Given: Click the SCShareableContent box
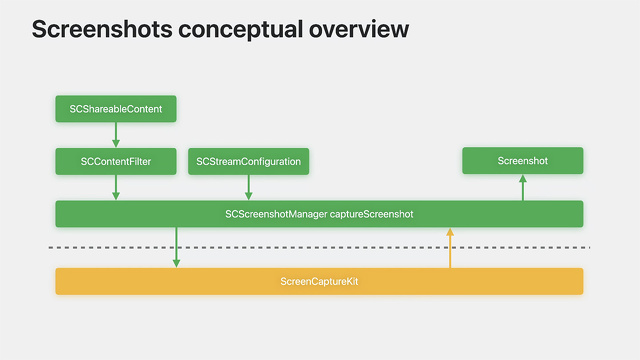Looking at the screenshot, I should (116, 109).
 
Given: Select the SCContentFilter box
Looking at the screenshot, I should (116, 161).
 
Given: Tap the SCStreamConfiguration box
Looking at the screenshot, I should (248, 161).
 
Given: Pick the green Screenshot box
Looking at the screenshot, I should (522, 161).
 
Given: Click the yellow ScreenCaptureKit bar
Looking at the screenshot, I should (319, 281).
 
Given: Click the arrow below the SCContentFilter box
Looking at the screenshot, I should (116, 187).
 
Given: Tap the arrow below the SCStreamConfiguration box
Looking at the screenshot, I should (248, 187).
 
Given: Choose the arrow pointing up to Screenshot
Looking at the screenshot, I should (522, 187).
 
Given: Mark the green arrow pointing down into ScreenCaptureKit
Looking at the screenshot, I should (176, 247).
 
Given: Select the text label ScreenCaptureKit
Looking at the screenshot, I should (319, 281).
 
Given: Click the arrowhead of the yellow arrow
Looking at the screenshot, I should (450, 232).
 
